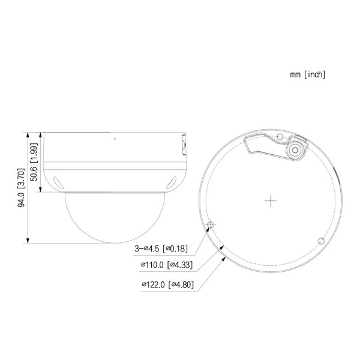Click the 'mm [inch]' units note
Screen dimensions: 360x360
(x=307, y=74)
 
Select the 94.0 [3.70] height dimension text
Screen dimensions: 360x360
(x=21, y=188)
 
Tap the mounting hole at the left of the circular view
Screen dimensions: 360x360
(x=210, y=225)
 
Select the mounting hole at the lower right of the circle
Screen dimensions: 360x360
(x=320, y=241)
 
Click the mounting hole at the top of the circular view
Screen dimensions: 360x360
(x=280, y=137)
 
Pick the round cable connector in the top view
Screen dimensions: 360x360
(x=295, y=151)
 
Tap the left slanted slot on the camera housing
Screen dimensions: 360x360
(x=57, y=182)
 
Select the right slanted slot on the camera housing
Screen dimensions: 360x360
(x=172, y=182)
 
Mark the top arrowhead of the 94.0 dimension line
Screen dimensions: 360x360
(x=28, y=134)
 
